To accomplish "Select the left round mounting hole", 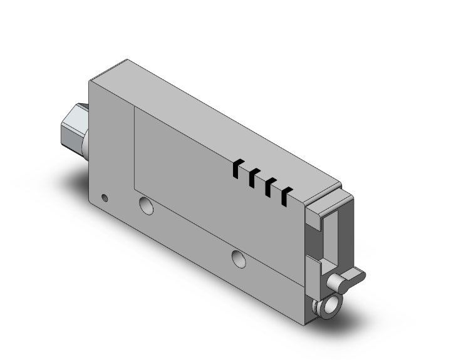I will pos(146,205).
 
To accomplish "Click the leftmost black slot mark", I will pos(237,168).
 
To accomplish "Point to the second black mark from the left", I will pos(253,178).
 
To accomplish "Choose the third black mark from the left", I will pos(270,187).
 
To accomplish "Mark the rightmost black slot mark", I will pos(286,197).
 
